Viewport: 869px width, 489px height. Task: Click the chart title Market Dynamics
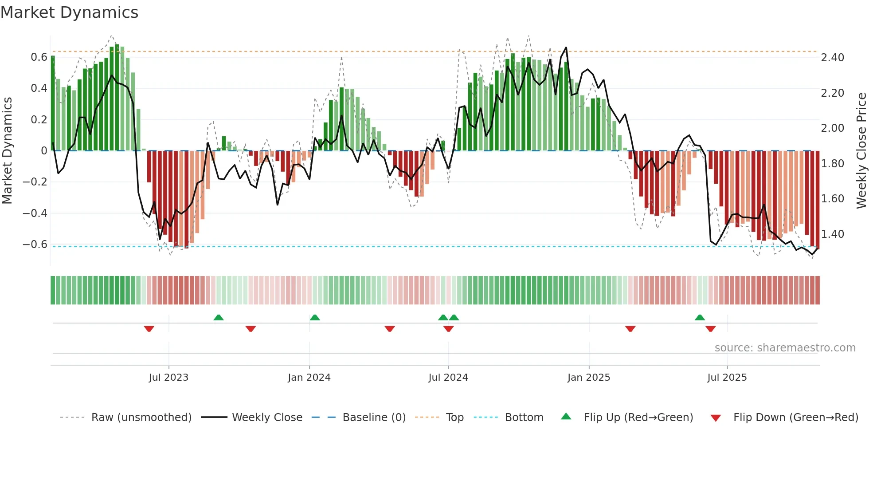(x=69, y=12)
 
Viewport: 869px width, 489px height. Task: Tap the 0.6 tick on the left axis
(x=39, y=57)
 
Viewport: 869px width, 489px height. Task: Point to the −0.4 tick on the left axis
(x=35, y=213)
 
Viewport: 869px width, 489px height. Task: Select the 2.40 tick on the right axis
(x=832, y=58)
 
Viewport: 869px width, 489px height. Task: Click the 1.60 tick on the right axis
(x=832, y=199)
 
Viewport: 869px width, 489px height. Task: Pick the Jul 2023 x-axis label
(x=168, y=378)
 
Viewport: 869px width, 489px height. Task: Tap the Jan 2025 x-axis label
(x=588, y=378)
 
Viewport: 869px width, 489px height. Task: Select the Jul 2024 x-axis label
(x=448, y=378)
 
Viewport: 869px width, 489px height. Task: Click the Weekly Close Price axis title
(x=861, y=150)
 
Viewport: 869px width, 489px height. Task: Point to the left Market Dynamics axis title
(x=7, y=150)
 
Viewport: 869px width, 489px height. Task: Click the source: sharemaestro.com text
(x=785, y=348)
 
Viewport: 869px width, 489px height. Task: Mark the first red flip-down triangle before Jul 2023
(x=149, y=329)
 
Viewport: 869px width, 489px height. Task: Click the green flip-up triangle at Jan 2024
(x=315, y=317)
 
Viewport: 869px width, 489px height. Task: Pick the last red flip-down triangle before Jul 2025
(x=710, y=329)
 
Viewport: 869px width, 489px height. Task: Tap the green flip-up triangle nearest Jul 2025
(x=700, y=317)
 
